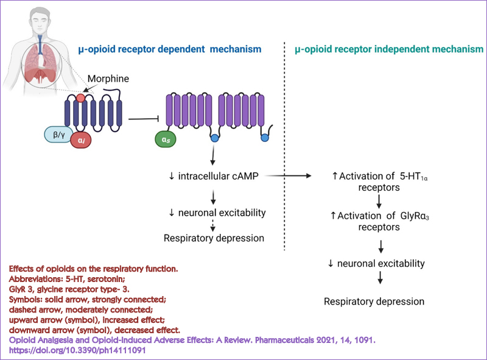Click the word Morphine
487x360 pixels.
[x=109, y=79]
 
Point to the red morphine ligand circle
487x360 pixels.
[x=82, y=97]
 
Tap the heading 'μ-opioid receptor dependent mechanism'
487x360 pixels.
[x=170, y=48]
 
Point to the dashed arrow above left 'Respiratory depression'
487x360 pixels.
[x=213, y=225]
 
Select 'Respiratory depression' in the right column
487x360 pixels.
[x=374, y=302]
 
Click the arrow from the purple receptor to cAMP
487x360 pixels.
[x=213, y=158]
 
